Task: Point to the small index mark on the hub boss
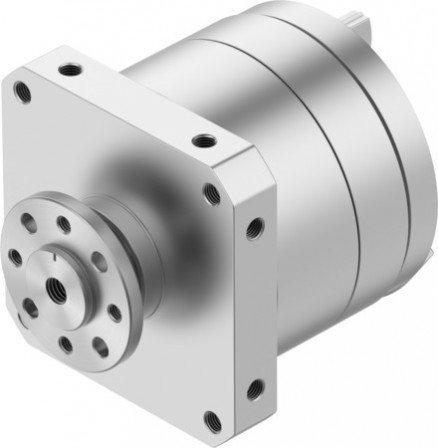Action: pyautogui.click(x=52, y=262)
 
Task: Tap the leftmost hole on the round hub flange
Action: pyautogui.click(x=16, y=257)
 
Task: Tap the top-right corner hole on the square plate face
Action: pyautogui.click(x=211, y=190)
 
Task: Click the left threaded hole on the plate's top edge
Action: pyautogui.click(x=70, y=70)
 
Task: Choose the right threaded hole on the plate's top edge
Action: pyautogui.click(x=203, y=140)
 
